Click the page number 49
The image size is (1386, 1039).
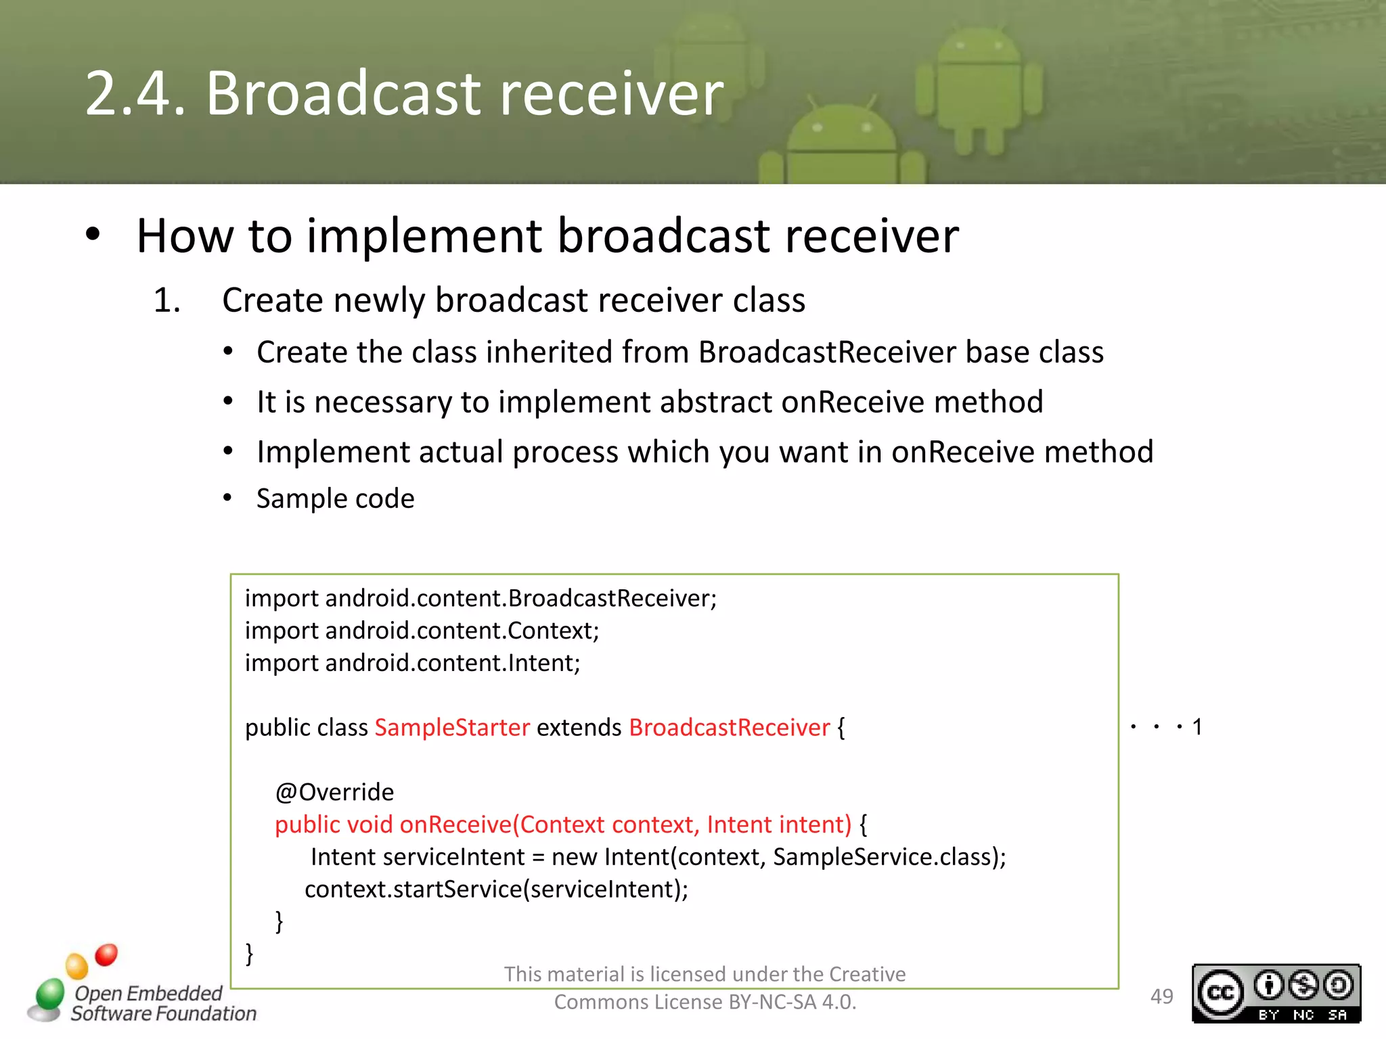pyautogui.click(x=1161, y=996)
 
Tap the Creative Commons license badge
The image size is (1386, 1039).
pyautogui.click(x=1276, y=993)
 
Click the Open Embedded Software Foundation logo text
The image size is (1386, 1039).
pyautogui.click(x=162, y=1003)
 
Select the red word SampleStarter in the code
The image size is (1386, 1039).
pyautogui.click(x=451, y=728)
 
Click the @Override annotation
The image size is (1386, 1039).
pyautogui.click(x=334, y=792)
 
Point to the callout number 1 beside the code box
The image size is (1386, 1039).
pyautogui.click(x=1197, y=727)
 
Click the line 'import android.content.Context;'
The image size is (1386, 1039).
pyautogui.click(x=422, y=630)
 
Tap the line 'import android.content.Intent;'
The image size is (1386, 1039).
pyautogui.click(x=412, y=663)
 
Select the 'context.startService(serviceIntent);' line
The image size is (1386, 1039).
pyautogui.click(x=496, y=889)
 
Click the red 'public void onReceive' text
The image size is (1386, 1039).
pyautogui.click(x=393, y=825)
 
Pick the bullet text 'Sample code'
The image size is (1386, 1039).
pyautogui.click(x=335, y=499)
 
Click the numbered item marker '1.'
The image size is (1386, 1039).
pyautogui.click(x=166, y=300)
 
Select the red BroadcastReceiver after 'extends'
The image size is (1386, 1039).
pyautogui.click(x=729, y=728)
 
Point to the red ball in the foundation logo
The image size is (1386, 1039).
pyautogui.click(x=106, y=954)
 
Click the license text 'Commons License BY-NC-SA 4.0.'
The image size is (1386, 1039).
pyautogui.click(x=705, y=1002)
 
